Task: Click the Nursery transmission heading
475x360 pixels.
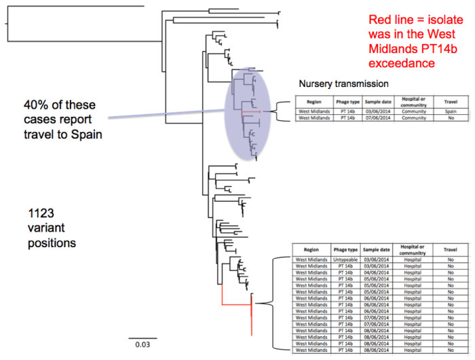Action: pos(343,85)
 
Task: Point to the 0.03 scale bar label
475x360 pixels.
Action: pos(142,345)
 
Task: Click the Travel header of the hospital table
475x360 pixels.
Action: pos(450,249)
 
